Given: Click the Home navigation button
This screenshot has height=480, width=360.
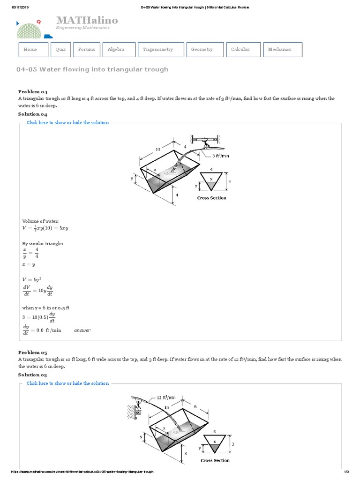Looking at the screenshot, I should [34, 50].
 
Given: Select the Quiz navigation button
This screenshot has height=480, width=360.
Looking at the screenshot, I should [60, 50].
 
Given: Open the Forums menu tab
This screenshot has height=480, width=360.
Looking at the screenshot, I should [87, 50].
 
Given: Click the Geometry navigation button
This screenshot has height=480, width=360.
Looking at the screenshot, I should [204, 50].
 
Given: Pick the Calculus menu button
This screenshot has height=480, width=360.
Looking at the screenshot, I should [243, 50].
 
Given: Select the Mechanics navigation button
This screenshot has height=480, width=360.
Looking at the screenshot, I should [282, 50].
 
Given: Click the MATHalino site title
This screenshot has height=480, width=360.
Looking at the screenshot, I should [87, 20].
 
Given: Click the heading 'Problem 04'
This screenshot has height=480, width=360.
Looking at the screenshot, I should [33, 92].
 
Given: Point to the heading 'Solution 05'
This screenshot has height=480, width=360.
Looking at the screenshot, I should [33, 375].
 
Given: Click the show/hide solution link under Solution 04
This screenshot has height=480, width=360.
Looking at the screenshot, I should [67, 123].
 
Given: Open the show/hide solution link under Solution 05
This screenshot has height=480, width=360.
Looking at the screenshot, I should [67, 383].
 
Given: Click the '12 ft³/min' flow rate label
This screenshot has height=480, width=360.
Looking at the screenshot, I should [166, 397].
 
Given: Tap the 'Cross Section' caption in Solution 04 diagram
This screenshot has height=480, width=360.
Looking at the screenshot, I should [211, 198].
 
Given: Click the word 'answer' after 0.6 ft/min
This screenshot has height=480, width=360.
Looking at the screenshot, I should [82, 330].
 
